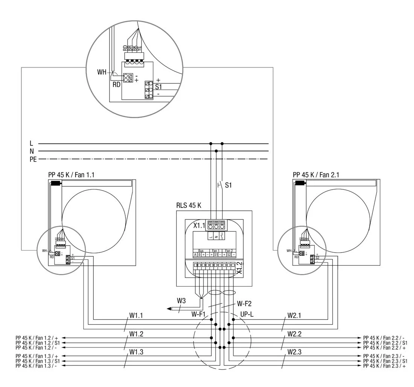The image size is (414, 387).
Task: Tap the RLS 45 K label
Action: pyautogui.click(x=189, y=206)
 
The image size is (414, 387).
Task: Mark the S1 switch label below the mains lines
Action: pyautogui.click(x=228, y=185)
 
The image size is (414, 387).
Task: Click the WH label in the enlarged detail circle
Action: pyautogui.click(x=102, y=72)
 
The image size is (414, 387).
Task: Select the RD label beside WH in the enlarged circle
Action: pyautogui.click(x=116, y=85)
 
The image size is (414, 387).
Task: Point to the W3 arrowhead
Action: pyautogui.click(x=169, y=309)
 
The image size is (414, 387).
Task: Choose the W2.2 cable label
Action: pyautogui.click(x=295, y=334)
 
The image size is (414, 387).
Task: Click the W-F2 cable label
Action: pyautogui.click(x=244, y=303)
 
